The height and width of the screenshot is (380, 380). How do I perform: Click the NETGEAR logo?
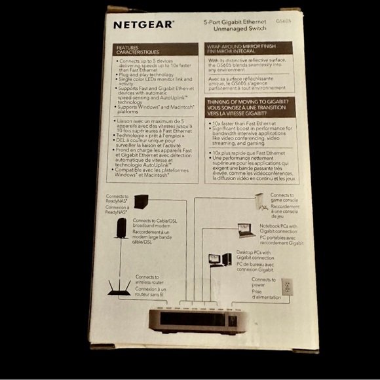coord(143,25)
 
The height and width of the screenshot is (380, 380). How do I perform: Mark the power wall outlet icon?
coord(286,286)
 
